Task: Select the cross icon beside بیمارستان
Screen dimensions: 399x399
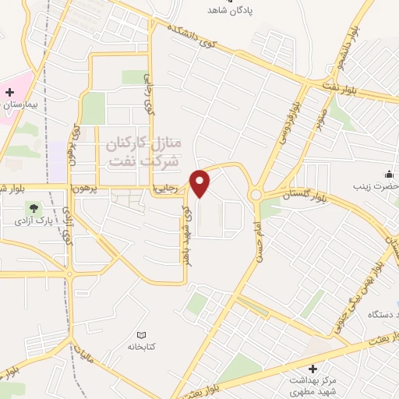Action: pos(9,92)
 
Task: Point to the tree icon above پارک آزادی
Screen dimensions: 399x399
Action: pos(33,208)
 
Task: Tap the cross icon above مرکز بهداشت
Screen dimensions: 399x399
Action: pos(313,369)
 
